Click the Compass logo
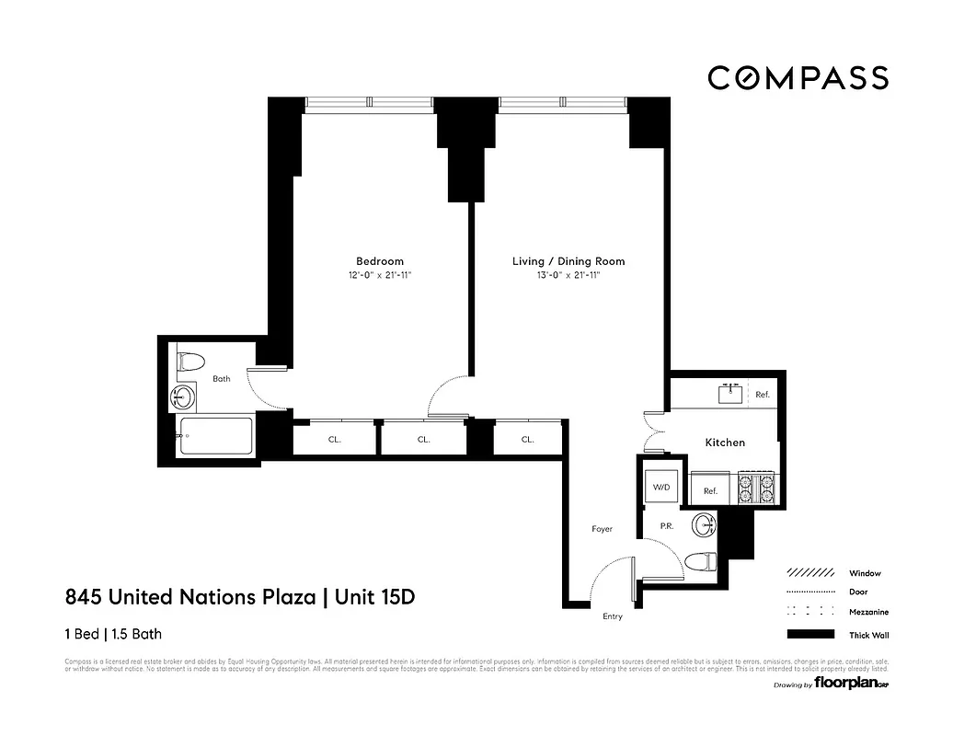[798, 78]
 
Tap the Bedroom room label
[380, 261]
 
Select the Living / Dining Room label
[568, 261]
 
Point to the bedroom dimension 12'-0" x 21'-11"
[380, 275]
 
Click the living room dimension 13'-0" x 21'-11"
[568, 275]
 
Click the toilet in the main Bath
[190, 361]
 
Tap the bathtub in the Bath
[215, 436]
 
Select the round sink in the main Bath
[183, 398]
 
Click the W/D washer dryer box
[660, 487]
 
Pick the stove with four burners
[757, 489]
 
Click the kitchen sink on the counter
[732, 395]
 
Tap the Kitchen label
[725, 443]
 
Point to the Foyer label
[602, 529]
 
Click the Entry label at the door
[612, 616]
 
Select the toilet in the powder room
[702, 560]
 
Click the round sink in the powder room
[706, 525]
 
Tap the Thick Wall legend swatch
[810, 635]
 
